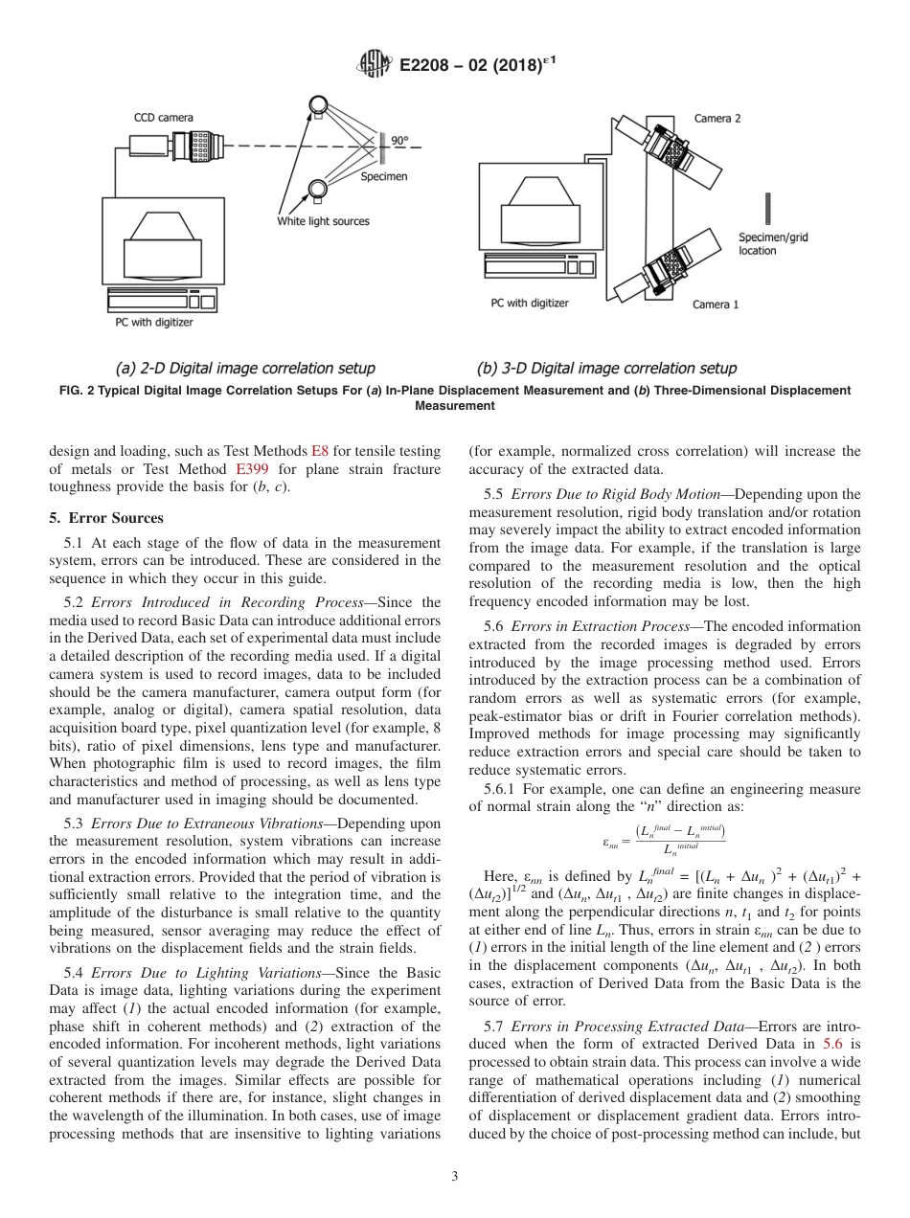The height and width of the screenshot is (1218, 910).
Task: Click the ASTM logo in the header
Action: point(373,65)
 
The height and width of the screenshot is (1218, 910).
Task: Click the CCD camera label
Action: point(163,118)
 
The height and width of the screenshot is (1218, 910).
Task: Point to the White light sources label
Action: point(323,221)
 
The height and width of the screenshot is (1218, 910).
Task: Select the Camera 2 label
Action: point(717,119)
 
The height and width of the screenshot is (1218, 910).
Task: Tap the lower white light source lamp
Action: point(316,189)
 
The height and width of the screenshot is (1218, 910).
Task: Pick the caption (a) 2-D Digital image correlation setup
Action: point(244,368)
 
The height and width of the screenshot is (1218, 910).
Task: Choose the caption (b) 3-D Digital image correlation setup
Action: point(606,368)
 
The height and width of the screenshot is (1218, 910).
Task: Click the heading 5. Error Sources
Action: point(106,518)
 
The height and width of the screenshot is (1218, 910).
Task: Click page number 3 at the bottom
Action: point(455,1177)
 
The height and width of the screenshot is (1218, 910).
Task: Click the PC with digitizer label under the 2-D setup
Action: point(154,323)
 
